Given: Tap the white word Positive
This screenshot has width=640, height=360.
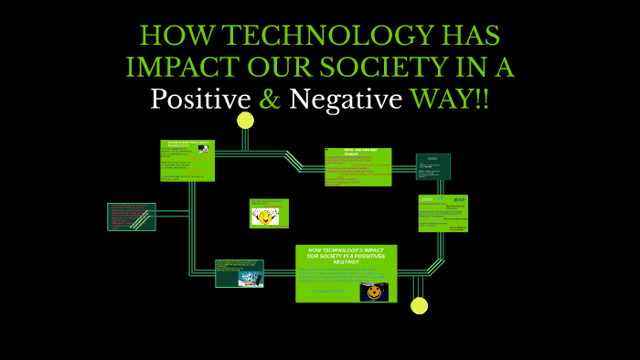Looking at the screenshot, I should [199, 99].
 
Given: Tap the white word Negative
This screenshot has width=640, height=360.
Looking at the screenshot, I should [346, 99].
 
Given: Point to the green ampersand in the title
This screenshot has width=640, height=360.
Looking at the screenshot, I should [270, 99].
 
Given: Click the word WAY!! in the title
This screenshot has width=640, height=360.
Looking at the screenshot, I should [449, 99].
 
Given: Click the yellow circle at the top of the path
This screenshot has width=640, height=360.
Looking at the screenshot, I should [245, 121].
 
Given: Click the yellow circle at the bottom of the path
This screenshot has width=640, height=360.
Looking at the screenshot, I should [419, 305].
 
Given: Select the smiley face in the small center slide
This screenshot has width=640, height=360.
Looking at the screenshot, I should [265, 217].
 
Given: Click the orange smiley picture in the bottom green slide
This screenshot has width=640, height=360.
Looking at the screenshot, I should [373, 292].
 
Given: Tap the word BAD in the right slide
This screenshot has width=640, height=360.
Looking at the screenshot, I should [459, 199].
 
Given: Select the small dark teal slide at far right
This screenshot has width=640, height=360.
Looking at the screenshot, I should [432, 166].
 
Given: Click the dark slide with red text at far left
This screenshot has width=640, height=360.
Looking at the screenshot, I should [132, 217].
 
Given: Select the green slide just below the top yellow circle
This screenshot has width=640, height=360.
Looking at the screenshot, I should [187, 160].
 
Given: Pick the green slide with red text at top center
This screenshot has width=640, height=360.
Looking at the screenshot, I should [357, 166].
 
